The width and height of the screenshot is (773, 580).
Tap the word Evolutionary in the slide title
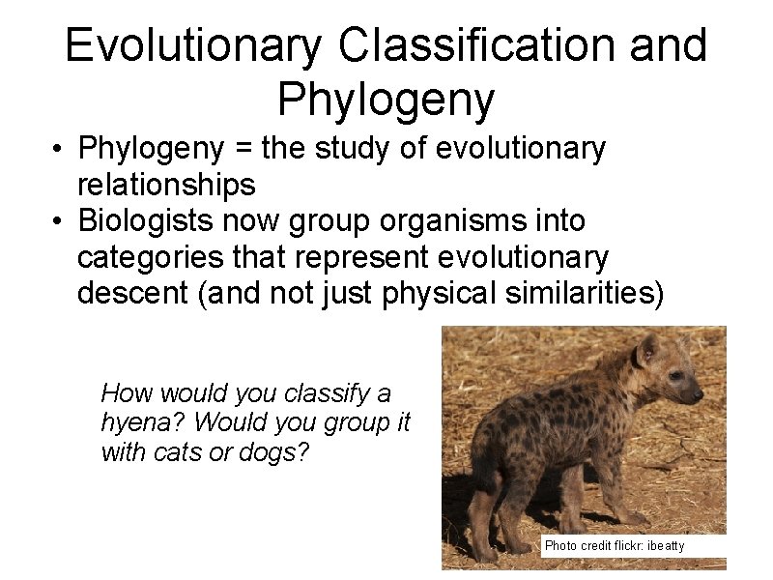pos(193,46)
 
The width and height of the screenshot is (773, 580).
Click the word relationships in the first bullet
pos(166,184)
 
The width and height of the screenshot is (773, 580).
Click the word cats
pos(183,451)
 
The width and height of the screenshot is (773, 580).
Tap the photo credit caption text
pos(614,546)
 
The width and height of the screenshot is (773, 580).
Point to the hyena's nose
pos(699,395)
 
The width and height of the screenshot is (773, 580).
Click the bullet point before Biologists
pos(60,222)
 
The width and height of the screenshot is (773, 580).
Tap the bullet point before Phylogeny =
pos(60,150)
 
